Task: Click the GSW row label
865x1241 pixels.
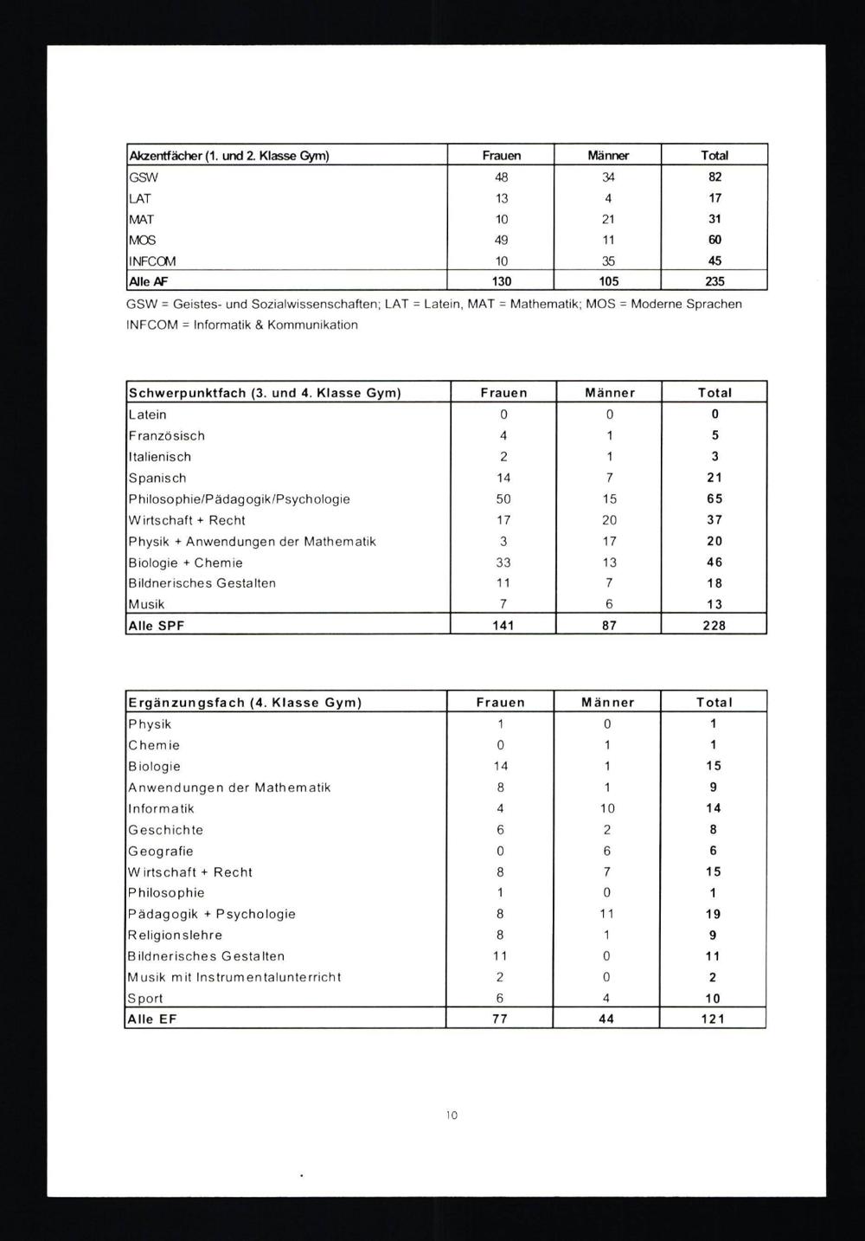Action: pyautogui.click(x=144, y=177)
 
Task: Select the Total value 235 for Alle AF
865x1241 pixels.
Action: pyautogui.click(x=714, y=281)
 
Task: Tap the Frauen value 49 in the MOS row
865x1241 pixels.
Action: pyautogui.click(x=502, y=240)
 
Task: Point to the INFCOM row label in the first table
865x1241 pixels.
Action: pyautogui.click(x=152, y=260)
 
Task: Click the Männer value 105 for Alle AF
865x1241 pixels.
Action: pyautogui.click(x=608, y=281)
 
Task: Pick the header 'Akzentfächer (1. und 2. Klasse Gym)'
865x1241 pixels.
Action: pyautogui.click(x=228, y=156)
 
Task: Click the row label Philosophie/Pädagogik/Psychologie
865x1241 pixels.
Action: pyautogui.click(x=239, y=499)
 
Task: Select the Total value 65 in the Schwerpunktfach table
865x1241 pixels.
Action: pyautogui.click(x=714, y=499)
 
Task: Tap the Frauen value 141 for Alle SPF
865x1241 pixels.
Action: pyautogui.click(x=503, y=625)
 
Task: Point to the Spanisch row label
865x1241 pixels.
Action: pyautogui.click(x=157, y=478)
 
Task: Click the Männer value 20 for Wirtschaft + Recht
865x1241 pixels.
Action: pyautogui.click(x=610, y=520)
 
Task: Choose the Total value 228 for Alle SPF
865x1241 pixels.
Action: pyautogui.click(x=714, y=625)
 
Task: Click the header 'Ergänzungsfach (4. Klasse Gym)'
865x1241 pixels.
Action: pyautogui.click(x=245, y=703)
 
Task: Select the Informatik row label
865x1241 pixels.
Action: pyautogui.click(x=161, y=808)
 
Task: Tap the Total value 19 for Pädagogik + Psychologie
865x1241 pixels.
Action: pyautogui.click(x=714, y=914)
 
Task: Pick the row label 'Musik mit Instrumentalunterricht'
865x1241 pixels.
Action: pyautogui.click(x=234, y=977)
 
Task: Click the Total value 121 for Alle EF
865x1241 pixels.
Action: pyautogui.click(x=714, y=1019)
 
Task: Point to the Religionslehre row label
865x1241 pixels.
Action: pyautogui.click(x=175, y=936)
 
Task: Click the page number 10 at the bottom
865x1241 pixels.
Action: pyautogui.click(x=452, y=1116)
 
